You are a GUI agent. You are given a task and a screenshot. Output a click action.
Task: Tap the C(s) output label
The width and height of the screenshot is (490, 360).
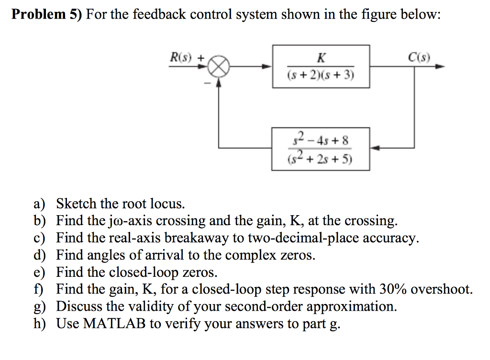(419, 58)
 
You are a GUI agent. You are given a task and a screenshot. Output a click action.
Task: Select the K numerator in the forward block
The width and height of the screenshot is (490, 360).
(321, 58)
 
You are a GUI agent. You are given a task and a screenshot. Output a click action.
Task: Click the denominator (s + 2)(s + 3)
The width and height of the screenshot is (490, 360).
(321, 75)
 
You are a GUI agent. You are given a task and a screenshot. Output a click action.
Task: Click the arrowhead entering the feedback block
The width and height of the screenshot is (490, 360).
(376, 148)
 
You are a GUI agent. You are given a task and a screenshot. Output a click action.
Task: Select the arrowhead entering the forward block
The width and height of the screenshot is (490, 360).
(269, 67)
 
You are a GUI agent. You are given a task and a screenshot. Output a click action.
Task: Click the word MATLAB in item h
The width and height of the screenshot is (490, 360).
(114, 324)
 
